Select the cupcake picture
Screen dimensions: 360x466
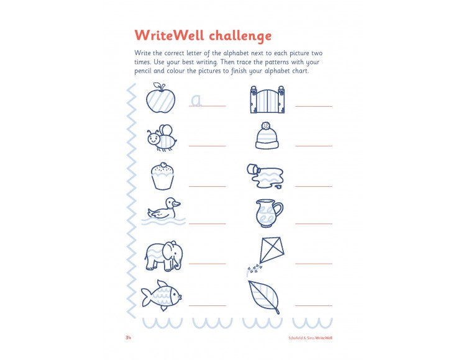point(162,176)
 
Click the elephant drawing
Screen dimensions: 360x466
point(163,255)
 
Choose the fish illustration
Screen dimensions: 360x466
point(161,294)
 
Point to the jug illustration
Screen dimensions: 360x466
point(268,213)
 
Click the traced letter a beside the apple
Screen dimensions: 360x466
point(196,100)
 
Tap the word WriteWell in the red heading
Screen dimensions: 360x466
point(172,34)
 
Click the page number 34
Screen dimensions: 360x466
point(128,338)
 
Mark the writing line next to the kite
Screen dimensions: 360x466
point(314,263)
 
